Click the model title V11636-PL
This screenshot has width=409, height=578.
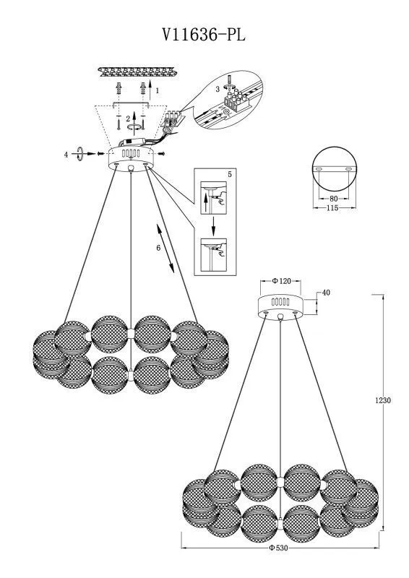204,35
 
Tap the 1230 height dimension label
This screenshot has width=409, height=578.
383,400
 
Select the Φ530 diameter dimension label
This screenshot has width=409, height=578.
278,548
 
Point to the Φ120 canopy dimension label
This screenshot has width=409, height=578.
281,281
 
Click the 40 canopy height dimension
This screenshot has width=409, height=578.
326,293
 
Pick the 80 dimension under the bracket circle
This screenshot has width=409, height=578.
333,199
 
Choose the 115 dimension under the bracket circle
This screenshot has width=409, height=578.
332,208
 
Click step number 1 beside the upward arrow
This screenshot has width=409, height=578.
157,90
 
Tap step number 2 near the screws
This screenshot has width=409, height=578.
128,118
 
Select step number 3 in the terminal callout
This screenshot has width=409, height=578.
218,89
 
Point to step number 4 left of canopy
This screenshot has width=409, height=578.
66,155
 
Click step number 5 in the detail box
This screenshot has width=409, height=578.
230,174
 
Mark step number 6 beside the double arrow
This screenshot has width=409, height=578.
158,248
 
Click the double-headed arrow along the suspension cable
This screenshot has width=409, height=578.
165,249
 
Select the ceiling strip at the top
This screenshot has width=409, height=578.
138,72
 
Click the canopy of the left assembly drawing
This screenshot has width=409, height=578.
131,158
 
